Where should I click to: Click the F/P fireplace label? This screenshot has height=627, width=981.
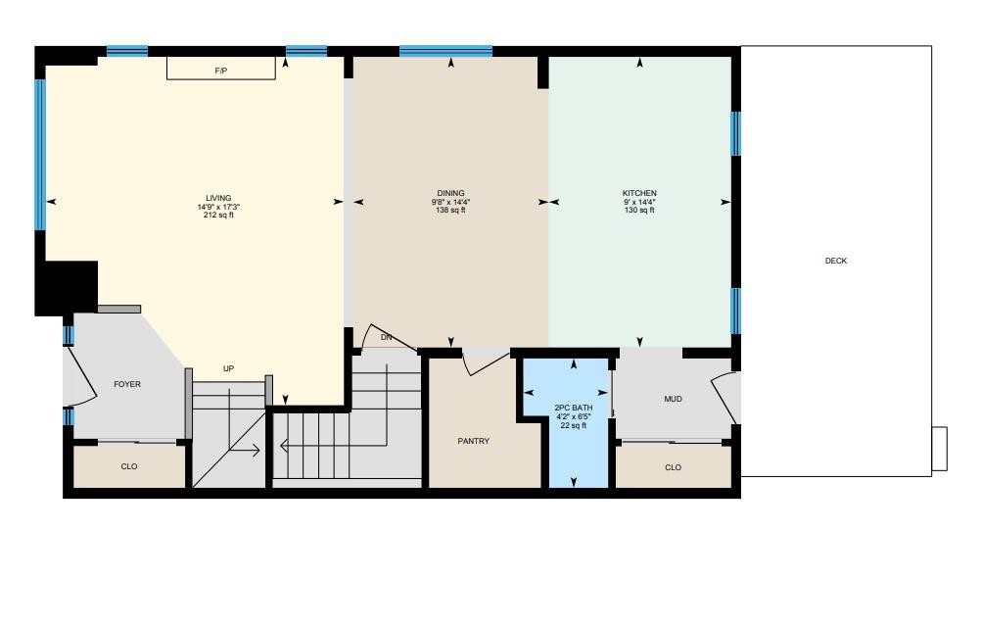click(x=221, y=72)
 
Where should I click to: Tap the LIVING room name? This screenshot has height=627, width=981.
click(x=218, y=198)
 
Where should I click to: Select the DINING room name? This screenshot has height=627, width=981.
click(x=450, y=193)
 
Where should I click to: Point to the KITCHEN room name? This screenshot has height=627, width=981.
click(x=639, y=193)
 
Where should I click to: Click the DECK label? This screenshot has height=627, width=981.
click(x=835, y=261)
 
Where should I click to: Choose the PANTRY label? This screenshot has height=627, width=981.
click(x=473, y=441)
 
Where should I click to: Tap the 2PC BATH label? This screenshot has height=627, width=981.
click(x=573, y=408)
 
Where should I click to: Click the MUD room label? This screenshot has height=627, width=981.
click(x=673, y=399)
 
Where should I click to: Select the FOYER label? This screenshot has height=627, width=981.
click(x=127, y=384)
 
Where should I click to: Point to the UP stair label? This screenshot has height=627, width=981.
click(x=228, y=368)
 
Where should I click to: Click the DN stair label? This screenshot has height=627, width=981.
click(x=386, y=337)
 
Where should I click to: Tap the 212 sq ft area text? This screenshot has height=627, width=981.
click(x=218, y=215)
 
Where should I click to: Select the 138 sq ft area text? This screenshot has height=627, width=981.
click(x=450, y=210)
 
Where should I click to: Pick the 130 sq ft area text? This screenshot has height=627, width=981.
click(x=639, y=210)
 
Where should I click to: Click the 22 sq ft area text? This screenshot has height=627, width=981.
click(x=573, y=425)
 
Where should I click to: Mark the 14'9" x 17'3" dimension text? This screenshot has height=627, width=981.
click(x=218, y=207)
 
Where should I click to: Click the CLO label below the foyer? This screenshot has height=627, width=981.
click(x=128, y=466)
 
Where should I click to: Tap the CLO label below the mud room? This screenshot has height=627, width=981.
click(x=673, y=467)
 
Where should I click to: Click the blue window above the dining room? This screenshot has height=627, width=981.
click(x=445, y=51)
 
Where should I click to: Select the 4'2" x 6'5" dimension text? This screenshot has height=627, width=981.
click(x=573, y=416)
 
